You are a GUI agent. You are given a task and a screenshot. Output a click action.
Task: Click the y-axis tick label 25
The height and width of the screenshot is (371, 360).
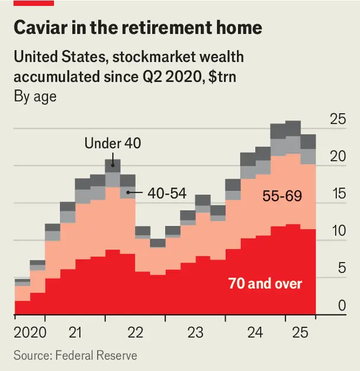(337, 119)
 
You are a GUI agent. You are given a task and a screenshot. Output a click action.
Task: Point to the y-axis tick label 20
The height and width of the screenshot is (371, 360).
(337, 156)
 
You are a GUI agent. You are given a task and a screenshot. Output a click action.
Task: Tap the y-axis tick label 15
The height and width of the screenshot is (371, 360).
(337, 193)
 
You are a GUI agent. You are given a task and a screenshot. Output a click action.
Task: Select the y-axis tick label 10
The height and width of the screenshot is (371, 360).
(337, 231)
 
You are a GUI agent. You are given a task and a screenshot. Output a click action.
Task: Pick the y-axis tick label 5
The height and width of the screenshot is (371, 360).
(341, 268)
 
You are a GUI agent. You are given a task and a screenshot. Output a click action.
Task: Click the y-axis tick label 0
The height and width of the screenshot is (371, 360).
(341, 305)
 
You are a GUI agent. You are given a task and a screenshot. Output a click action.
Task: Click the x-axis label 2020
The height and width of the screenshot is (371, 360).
(30, 333)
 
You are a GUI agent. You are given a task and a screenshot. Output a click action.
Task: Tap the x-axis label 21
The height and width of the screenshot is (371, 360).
(75, 333)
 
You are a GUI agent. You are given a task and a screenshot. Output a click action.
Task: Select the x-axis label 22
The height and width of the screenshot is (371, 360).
(136, 333)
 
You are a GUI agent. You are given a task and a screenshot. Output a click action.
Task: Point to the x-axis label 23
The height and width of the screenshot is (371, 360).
(195, 333)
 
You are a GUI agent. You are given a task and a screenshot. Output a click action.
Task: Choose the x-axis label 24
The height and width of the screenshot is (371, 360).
(255, 333)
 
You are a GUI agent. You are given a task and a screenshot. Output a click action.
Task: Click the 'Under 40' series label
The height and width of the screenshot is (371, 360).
(113, 143)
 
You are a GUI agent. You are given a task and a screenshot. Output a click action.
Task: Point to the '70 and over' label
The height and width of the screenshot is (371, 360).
(265, 283)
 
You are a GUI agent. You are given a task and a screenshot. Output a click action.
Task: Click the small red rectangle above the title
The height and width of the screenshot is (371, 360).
(34, 3)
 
